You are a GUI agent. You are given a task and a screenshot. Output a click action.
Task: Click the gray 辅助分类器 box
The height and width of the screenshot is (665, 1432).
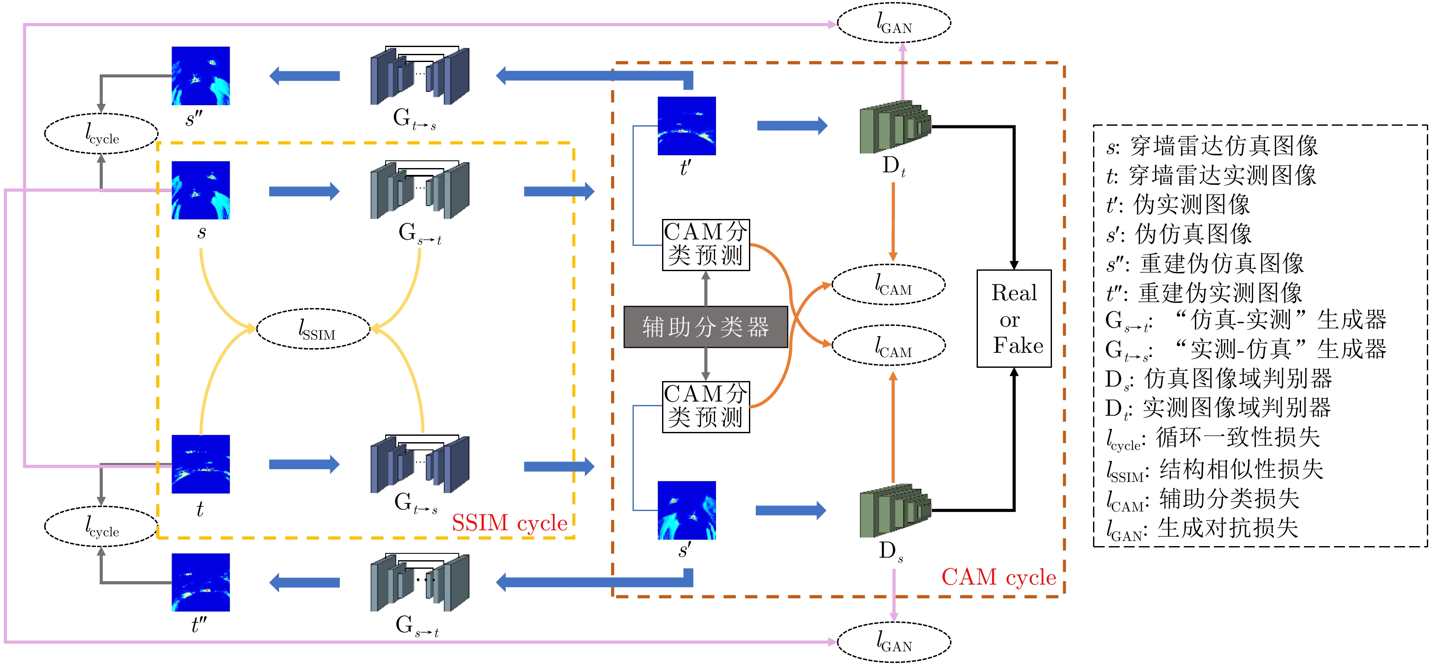(x=705, y=327)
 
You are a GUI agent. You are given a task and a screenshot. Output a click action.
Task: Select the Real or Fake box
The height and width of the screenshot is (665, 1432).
(x=1013, y=318)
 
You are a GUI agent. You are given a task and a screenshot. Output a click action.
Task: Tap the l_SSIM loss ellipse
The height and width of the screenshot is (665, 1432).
(x=313, y=328)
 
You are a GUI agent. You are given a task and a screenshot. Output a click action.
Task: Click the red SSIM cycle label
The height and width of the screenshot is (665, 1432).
(x=509, y=523)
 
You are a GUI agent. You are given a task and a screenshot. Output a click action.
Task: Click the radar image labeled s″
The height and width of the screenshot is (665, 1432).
(x=200, y=76)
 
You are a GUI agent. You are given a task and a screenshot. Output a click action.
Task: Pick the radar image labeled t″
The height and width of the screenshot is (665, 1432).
(x=200, y=582)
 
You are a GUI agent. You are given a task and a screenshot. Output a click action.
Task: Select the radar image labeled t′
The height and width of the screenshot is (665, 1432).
(x=686, y=126)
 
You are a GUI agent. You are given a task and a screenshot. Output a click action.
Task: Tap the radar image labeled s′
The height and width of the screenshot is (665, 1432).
(x=686, y=510)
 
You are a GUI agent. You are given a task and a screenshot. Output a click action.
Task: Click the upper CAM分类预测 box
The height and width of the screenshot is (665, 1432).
(x=705, y=245)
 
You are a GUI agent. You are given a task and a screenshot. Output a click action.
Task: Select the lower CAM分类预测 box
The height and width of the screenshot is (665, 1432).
(x=705, y=407)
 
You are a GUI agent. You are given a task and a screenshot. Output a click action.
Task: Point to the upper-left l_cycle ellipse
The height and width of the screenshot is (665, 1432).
(x=101, y=134)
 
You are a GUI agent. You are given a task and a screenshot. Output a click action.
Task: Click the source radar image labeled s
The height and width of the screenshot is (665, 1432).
(x=200, y=190)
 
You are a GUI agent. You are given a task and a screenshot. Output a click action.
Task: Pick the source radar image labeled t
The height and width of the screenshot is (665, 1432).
(x=200, y=464)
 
